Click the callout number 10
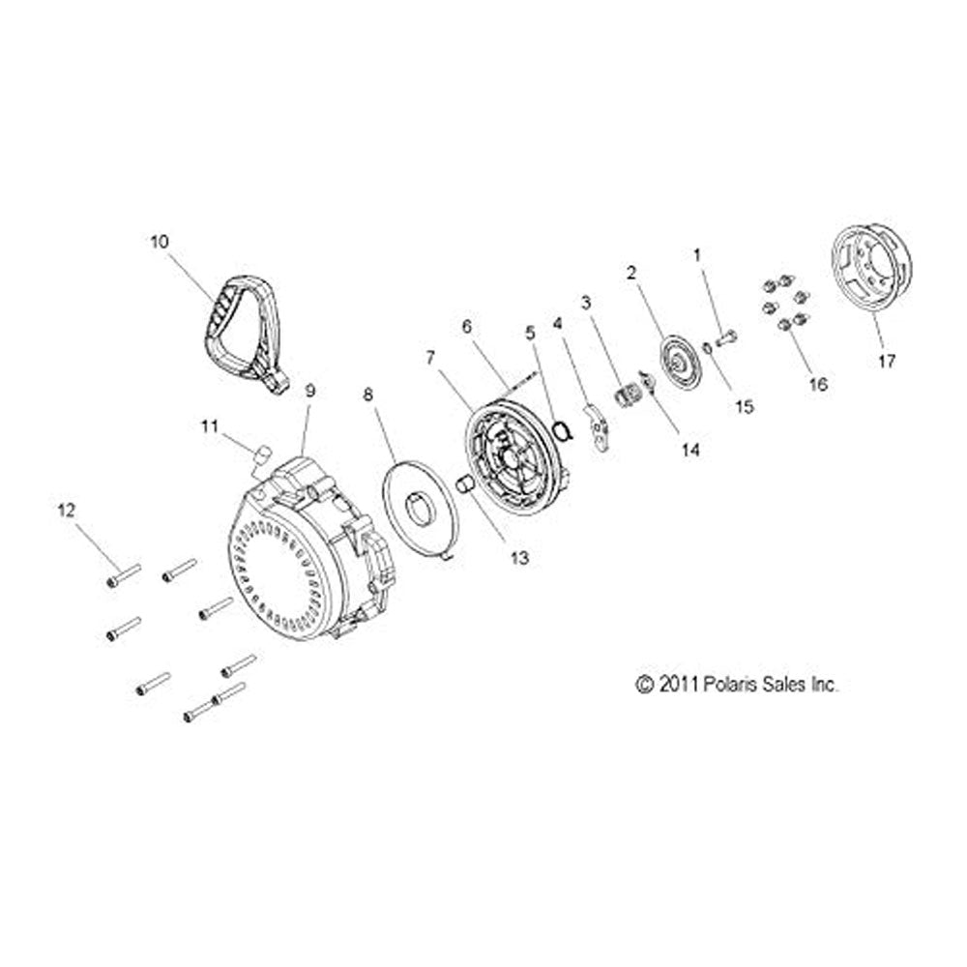pos(160,242)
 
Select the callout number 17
pos(886,361)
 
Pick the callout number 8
pos(368,395)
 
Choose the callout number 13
pos(520,558)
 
